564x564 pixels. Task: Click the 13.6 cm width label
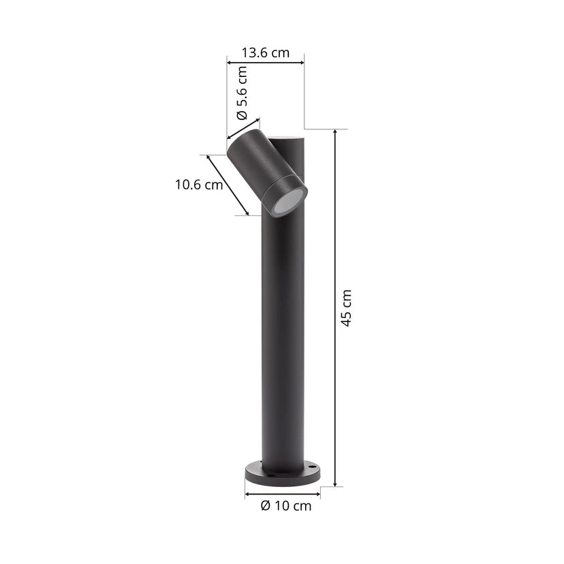point(265,52)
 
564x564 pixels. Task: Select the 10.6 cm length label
point(198,184)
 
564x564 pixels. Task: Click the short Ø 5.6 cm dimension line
point(244,129)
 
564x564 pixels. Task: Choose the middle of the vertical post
point(283,327)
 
